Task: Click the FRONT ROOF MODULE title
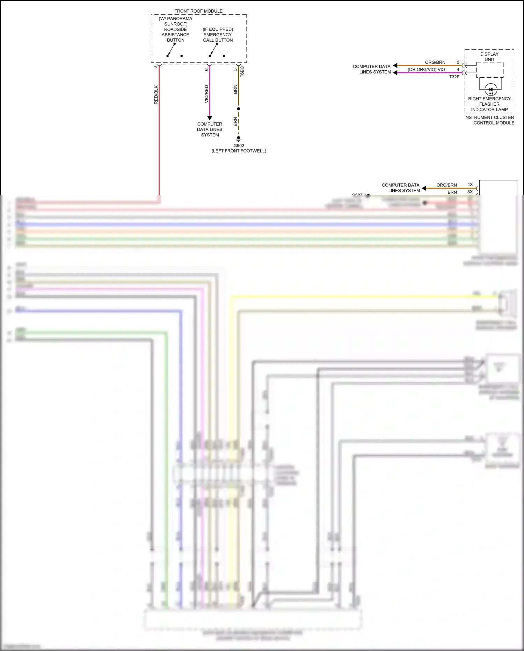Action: pyautogui.click(x=198, y=11)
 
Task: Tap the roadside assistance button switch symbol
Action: pyautogui.click(x=171, y=50)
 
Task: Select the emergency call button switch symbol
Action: pyautogui.click(x=213, y=50)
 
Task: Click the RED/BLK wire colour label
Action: pyautogui.click(x=156, y=95)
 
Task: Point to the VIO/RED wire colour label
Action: pyautogui.click(x=206, y=94)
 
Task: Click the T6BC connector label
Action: pyautogui.click(x=242, y=72)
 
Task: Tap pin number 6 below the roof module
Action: pyautogui.click(x=206, y=69)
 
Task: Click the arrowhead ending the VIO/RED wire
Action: pyautogui.click(x=210, y=118)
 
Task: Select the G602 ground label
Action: pyautogui.click(x=239, y=146)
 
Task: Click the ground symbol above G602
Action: pyautogui.click(x=239, y=139)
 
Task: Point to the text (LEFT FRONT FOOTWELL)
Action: pyautogui.click(x=239, y=151)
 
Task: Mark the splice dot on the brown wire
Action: pyautogui.click(x=239, y=109)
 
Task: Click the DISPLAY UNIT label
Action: pyautogui.click(x=489, y=57)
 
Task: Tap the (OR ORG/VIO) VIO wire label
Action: pyautogui.click(x=426, y=70)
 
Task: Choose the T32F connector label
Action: pyautogui.click(x=454, y=77)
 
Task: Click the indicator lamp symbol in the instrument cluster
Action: pyautogui.click(x=491, y=90)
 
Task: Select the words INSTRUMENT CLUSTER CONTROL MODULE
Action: pyautogui.click(x=489, y=120)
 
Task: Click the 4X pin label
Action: pyautogui.click(x=470, y=184)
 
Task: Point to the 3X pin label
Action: pyautogui.click(x=470, y=192)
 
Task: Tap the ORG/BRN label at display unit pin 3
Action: pyautogui.click(x=435, y=62)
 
